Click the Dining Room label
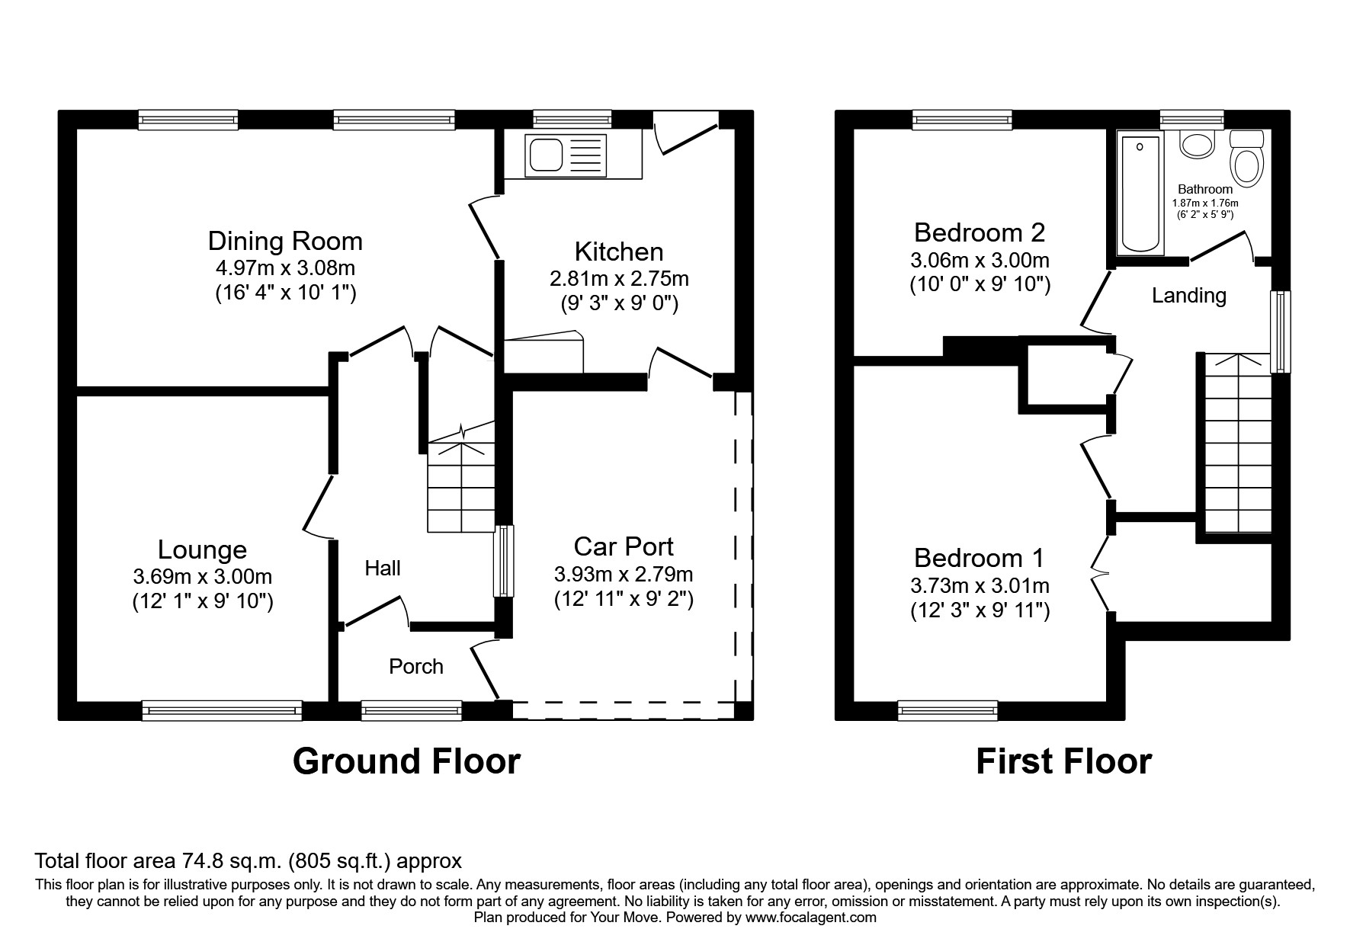(285, 242)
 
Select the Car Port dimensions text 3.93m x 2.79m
(624, 573)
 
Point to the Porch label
(415, 667)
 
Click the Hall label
(382, 568)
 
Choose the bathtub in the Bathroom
(1139, 194)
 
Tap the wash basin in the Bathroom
(1197, 143)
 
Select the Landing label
(1188, 296)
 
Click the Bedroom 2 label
(979, 232)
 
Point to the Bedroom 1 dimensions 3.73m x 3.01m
(980, 586)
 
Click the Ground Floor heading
(406, 761)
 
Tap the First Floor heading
(1063, 761)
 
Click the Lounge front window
(222, 710)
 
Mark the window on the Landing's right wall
(1281, 331)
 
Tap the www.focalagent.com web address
(810, 918)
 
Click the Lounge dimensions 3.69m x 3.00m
(202, 577)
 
